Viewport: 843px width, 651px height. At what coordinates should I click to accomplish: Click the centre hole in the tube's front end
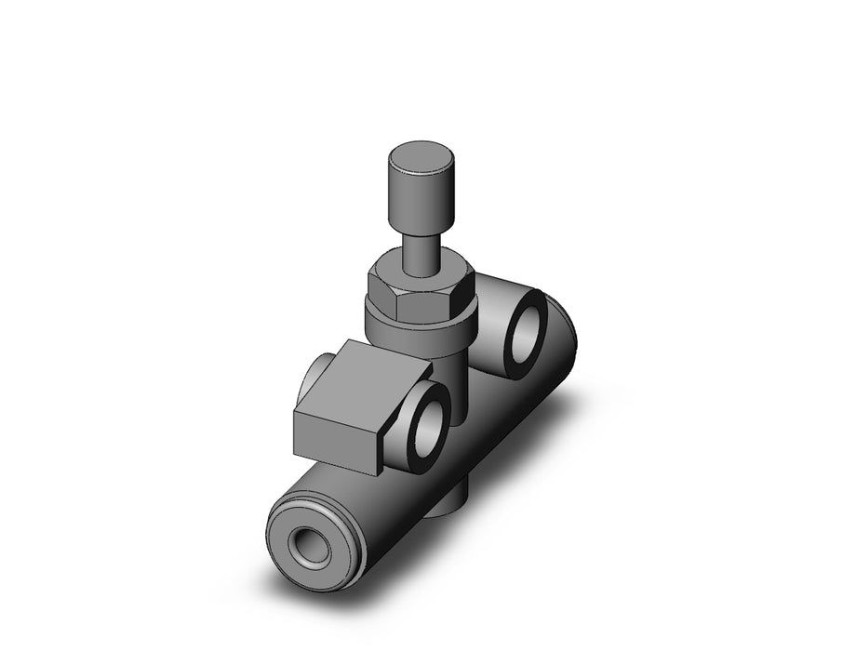(x=308, y=543)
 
